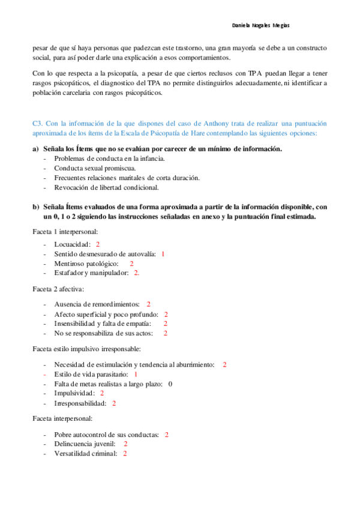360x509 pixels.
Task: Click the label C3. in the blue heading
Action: [38, 122]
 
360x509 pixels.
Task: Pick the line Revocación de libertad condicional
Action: [106, 187]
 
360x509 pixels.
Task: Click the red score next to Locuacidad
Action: [97, 244]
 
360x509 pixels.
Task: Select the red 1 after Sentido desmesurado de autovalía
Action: [163, 254]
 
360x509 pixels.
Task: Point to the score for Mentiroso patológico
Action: [131, 264]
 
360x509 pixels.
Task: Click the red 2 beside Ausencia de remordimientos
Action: [148, 304]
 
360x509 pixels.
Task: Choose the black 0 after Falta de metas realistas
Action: [170, 384]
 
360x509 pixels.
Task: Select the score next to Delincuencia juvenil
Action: [125, 444]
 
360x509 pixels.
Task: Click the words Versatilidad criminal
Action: [85, 453]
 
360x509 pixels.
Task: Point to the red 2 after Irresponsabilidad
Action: [114, 403]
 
